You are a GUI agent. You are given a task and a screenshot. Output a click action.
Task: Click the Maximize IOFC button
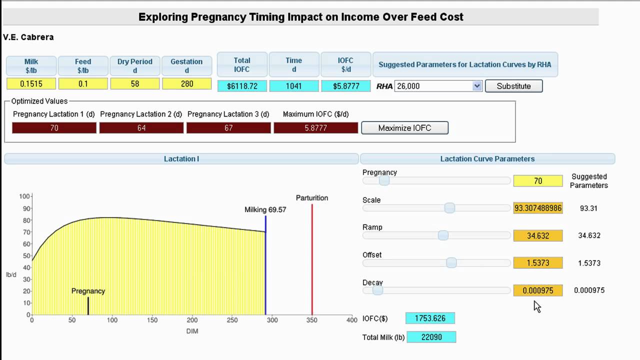click(x=404, y=128)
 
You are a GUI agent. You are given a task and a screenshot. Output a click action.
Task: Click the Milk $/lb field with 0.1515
click(x=31, y=84)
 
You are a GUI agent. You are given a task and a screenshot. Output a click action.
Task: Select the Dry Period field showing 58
click(x=135, y=84)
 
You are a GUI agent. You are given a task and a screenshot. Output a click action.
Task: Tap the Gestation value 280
click(x=187, y=84)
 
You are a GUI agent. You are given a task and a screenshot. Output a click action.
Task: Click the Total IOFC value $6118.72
click(x=242, y=86)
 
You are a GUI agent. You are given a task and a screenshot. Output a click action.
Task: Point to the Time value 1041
click(x=294, y=86)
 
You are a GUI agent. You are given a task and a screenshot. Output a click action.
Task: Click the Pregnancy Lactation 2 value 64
click(x=141, y=128)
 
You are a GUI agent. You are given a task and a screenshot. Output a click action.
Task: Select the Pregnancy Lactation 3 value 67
click(x=228, y=128)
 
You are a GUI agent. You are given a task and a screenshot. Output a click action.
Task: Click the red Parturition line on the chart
click(x=312, y=260)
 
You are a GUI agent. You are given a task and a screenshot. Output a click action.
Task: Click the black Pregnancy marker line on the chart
click(x=88, y=306)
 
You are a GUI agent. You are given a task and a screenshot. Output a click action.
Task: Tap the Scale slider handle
click(x=449, y=208)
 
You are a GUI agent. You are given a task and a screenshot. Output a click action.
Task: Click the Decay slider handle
click(x=377, y=290)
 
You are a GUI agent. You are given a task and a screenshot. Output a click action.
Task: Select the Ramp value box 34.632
click(x=538, y=235)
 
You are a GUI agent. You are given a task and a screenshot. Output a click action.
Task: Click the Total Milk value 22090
click(x=431, y=337)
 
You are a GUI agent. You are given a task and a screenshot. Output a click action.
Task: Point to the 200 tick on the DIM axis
click(x=192, y=320)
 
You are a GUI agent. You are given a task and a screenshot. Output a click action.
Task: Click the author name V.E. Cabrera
click(x=28, y=37)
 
